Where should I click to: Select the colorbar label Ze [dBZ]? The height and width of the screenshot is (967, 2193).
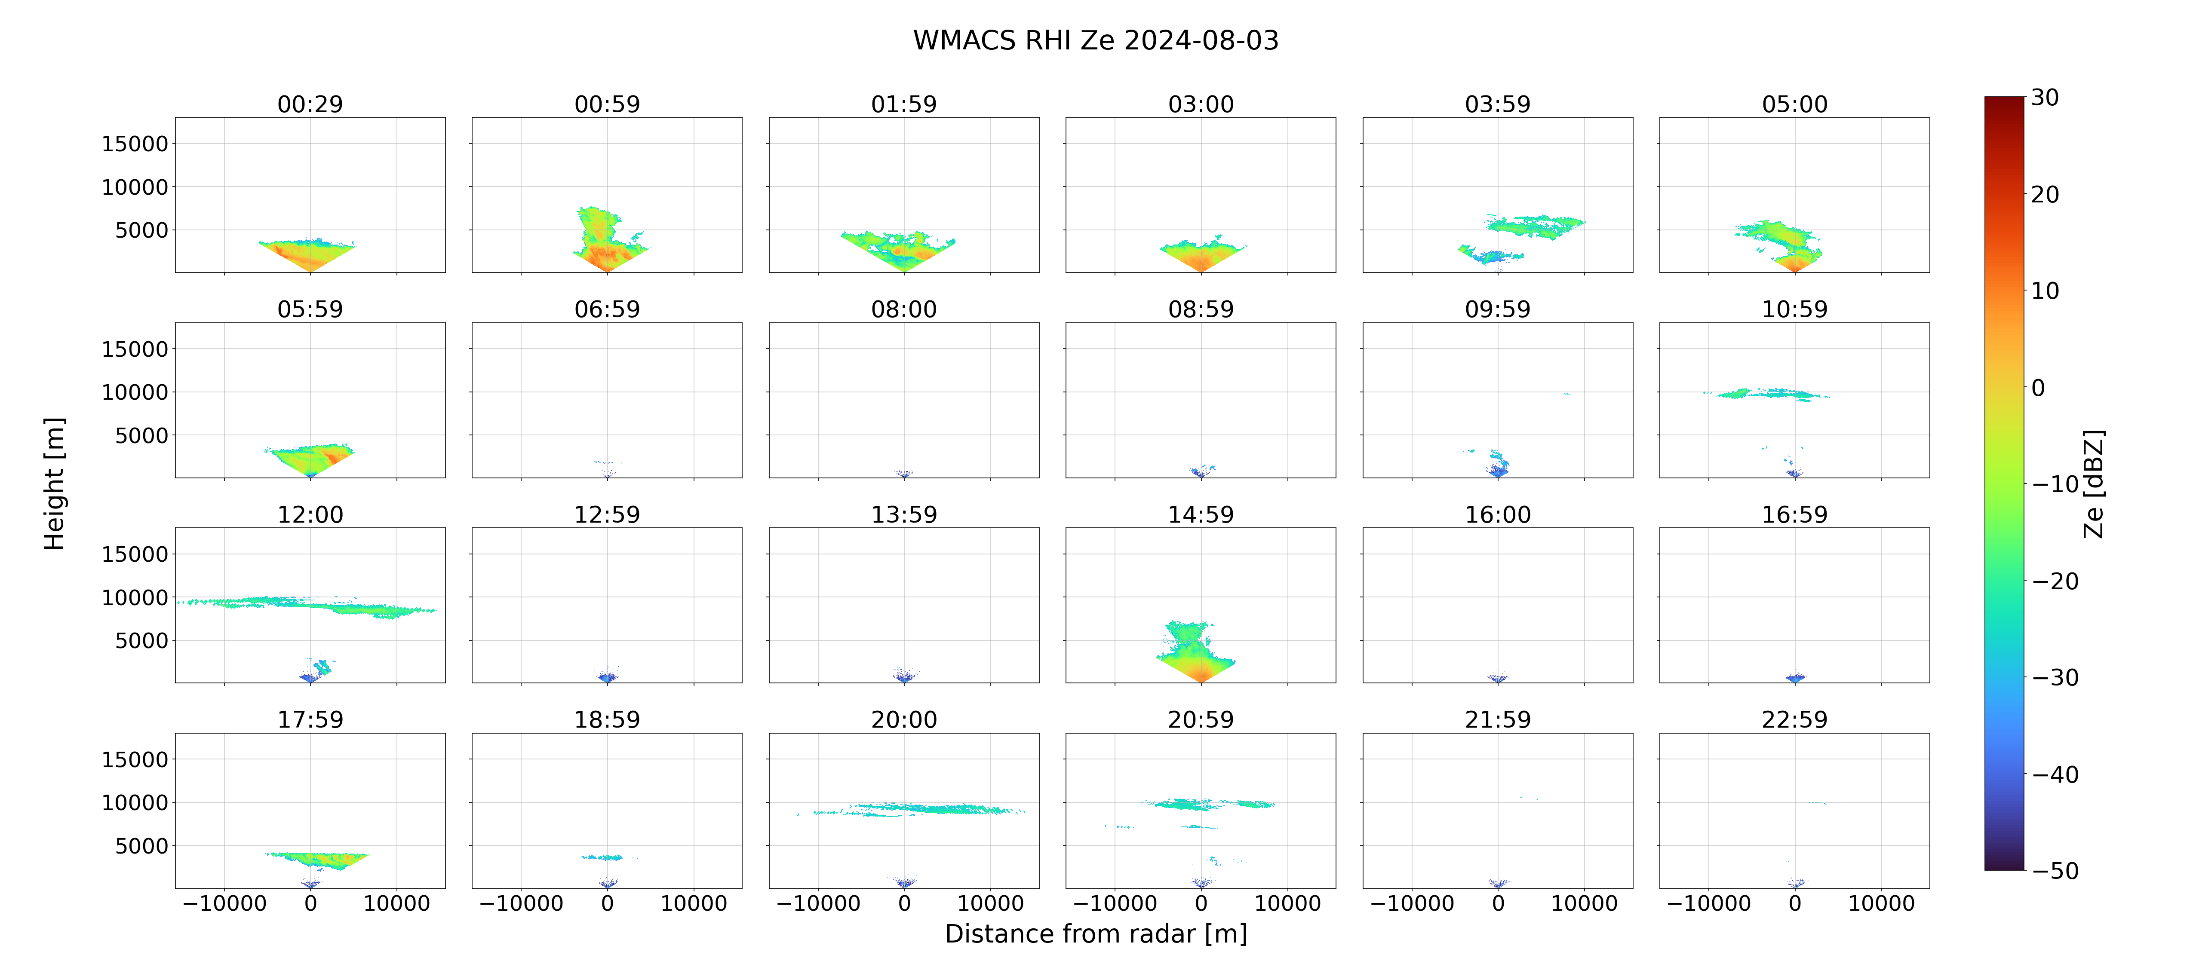click(2093, 483)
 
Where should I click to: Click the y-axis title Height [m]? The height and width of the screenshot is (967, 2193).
click(54, 483)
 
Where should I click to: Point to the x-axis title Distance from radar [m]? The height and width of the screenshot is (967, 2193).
click(1096, 934)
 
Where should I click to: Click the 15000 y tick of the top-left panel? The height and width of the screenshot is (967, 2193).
click(135, 144)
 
